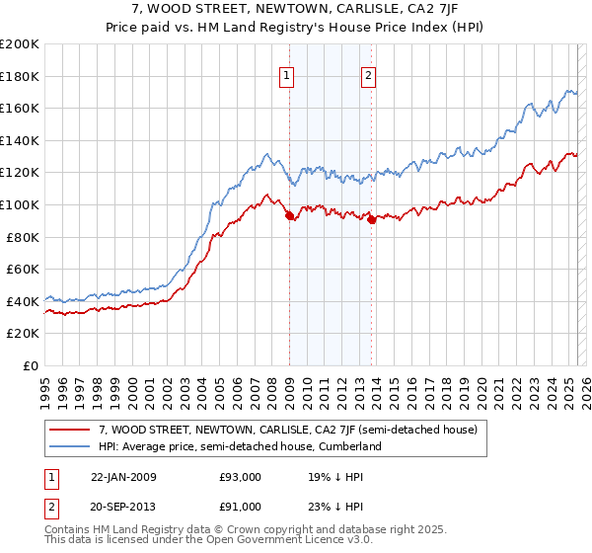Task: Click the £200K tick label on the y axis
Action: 20,43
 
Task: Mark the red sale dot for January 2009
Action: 289,216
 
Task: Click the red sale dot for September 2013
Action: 371,219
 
